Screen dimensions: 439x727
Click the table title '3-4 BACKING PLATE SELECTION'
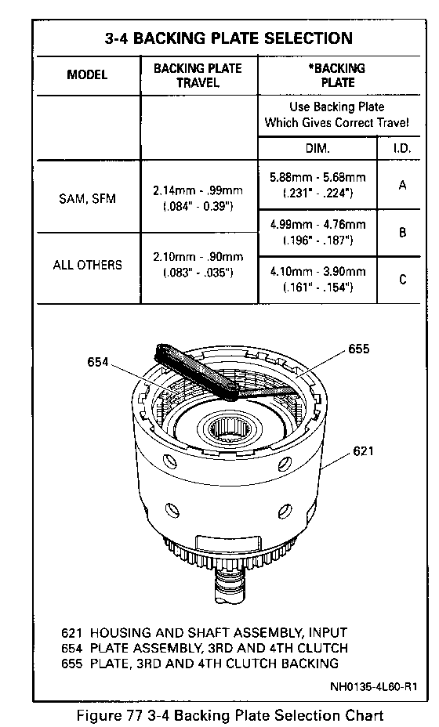228,38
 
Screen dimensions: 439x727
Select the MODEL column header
87,74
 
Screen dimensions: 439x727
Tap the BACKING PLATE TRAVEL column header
198,75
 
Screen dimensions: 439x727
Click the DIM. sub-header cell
317,148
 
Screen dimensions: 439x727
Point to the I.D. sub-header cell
402,148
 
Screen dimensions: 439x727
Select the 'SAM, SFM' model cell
87,198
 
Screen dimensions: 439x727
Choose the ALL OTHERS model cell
87,265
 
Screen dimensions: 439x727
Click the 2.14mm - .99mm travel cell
198,198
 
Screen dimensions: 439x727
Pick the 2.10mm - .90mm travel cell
198,264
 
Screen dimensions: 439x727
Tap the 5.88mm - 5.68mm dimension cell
317,185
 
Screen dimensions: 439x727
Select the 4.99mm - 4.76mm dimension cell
317,232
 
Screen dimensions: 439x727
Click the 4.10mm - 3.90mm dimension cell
317,279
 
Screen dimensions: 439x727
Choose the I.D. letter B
402,233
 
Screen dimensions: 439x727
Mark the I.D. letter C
402,280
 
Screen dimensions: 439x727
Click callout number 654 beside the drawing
98,362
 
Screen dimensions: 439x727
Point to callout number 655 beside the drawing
359,349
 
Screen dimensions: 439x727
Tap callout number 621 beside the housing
364,450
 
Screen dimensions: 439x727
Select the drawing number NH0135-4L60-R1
374,686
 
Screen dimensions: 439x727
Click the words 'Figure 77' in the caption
107,715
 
